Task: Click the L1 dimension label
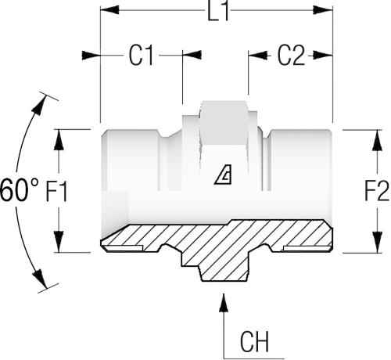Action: click(218, 12)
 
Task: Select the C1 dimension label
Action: click(141, 56)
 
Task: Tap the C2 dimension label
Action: click(291, 56)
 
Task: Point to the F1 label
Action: click(56, 192)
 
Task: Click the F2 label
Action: click(377, 191)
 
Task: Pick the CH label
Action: click(254, 342)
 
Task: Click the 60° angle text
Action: click(20, 190)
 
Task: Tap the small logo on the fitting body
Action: click(224, 175)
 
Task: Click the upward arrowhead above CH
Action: click(224, 302)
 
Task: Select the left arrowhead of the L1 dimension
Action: click(109, 10)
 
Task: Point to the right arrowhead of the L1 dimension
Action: click(323, 10)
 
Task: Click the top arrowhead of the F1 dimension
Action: click(59, 139)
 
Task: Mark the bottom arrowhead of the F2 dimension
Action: click(377, 243)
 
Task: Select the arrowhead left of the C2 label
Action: click(258, 56)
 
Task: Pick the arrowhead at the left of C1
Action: click(91, 56)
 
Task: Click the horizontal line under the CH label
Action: click(254, 358)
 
